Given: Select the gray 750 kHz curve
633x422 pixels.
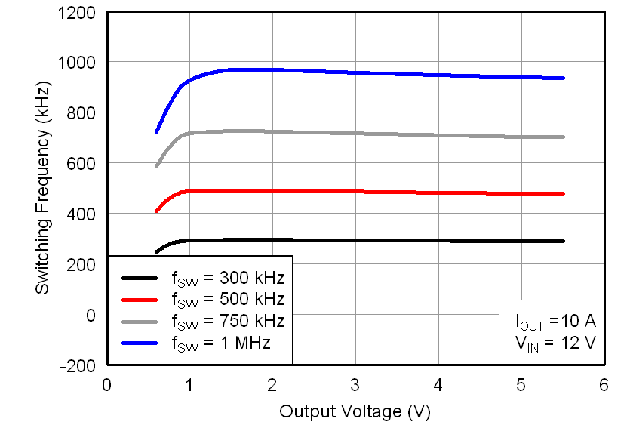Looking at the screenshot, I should (x=377, y=134).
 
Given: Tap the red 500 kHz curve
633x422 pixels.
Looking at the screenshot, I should (x=377, y=192).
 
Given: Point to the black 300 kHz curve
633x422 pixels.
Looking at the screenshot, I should (x=377, y=241).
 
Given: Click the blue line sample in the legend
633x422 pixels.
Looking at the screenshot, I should (x=140, y=343).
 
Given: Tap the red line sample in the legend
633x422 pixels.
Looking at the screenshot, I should (x=140, y=298).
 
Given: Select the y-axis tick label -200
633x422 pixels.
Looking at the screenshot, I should (x=80, y=365).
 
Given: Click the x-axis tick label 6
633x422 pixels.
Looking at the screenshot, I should (x=603, y=384).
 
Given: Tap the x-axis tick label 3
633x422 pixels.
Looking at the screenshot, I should (x=355, y=384).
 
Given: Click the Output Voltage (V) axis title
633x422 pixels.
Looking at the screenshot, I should (x=355, y=411).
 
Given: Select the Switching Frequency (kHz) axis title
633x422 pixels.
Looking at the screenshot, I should (x=44, y=189).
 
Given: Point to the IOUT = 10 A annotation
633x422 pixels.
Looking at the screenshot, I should (x=555, y=322).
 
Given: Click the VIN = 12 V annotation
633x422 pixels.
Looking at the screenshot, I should (x=557, y=343).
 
